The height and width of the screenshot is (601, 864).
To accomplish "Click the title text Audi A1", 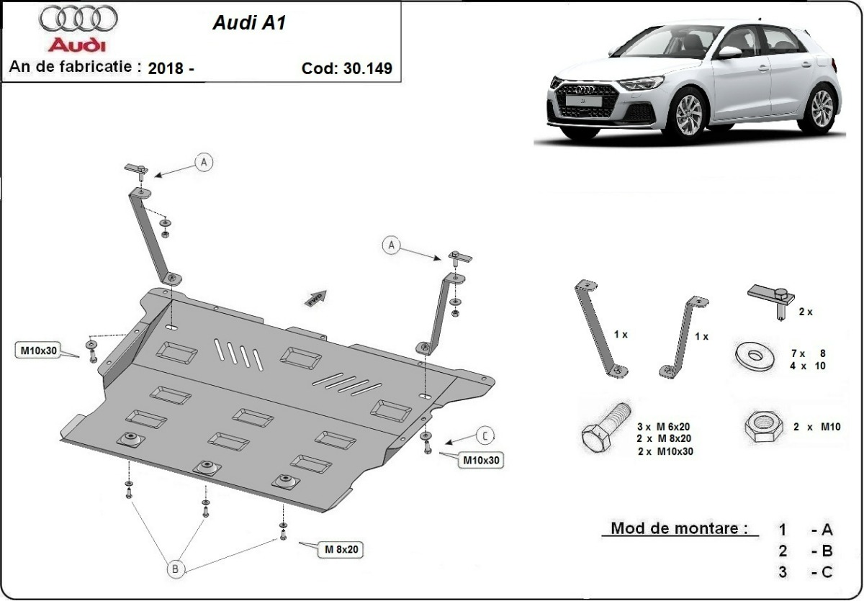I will click(x=248, y=23).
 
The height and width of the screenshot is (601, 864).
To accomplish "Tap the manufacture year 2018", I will click(x=164, y=69).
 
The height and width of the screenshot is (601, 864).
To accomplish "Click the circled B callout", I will click(x=175, y=569).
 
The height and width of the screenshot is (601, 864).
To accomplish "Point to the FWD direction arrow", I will click(x=316, y=298).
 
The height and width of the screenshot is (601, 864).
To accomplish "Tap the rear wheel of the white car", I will click(x=822, y=108).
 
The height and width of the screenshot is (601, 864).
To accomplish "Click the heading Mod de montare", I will click(x=675, y=528).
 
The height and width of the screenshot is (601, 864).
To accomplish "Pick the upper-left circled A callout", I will click(x=204, y=163).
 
